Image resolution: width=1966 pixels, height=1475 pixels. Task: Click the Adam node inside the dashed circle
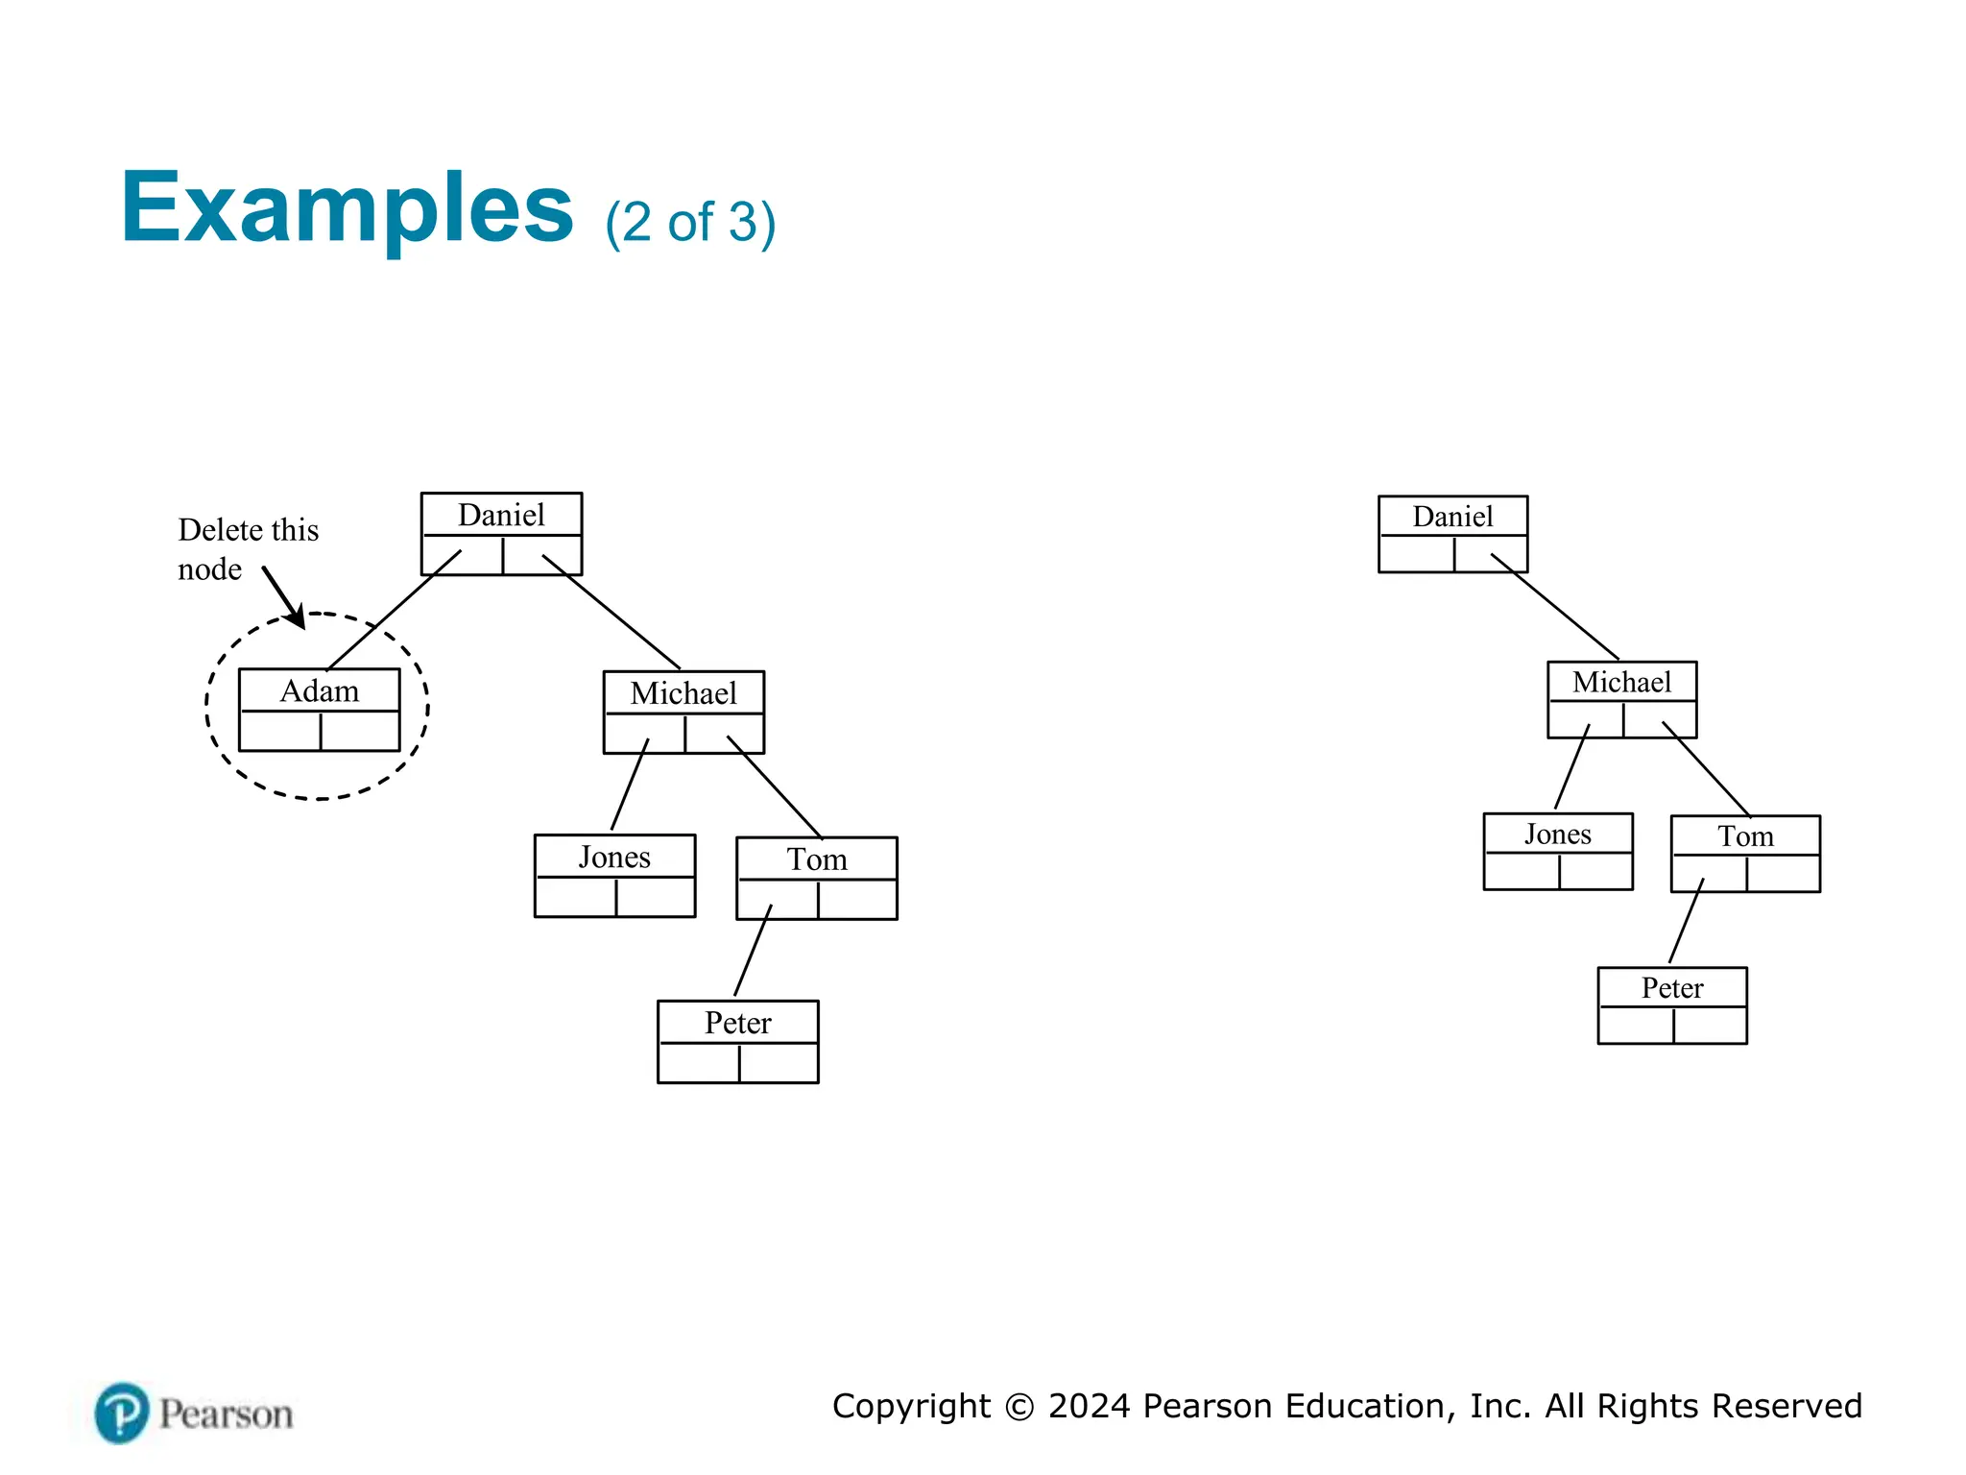319,710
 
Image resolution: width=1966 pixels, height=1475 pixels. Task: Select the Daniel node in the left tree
501,534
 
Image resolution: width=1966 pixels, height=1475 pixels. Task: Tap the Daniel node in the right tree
1452,534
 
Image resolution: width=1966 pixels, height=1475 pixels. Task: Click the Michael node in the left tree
683,712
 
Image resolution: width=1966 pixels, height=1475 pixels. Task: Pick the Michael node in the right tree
1621,699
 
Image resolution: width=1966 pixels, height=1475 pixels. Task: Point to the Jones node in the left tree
614,875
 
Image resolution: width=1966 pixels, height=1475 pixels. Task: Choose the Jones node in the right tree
1557,851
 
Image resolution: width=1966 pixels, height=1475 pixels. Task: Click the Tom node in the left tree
816,878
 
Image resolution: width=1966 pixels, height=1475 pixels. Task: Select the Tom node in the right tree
1744,854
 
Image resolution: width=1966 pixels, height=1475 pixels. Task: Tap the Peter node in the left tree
737,1041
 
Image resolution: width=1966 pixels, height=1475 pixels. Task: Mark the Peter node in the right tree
1671,1004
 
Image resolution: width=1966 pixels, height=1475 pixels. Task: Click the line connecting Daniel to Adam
394,610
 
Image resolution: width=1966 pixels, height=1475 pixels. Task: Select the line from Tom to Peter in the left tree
753,951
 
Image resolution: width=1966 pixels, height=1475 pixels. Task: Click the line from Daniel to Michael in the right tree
1555,607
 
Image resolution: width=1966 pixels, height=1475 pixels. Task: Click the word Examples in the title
347,208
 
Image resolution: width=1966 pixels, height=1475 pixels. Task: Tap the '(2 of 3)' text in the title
689,222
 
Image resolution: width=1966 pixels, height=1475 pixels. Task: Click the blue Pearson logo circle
122,1413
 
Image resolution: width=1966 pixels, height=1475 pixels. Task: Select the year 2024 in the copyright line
1089,1406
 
